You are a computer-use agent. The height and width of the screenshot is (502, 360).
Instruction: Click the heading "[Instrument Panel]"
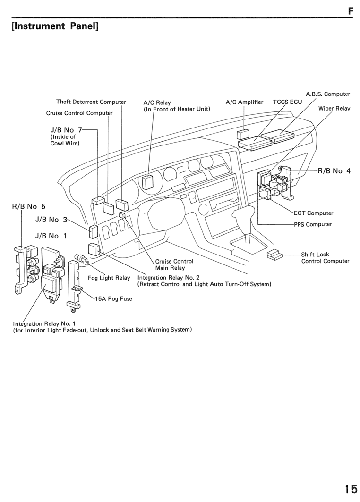[x=55, y=26]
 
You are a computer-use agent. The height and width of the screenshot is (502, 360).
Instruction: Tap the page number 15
[x=351, y=489]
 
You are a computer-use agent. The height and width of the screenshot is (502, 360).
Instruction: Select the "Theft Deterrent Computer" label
[x=91, y=102]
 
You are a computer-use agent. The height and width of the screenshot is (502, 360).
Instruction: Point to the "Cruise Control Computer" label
[x=79, y=113]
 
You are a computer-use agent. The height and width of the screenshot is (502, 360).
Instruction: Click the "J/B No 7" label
[x=66, y=130]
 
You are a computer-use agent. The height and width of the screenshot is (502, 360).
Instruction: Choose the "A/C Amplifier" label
[x=244, y=102]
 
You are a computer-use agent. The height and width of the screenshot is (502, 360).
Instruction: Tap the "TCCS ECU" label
[x=287, y=102]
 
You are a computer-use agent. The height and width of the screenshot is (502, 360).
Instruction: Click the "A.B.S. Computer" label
[x=328, y=94]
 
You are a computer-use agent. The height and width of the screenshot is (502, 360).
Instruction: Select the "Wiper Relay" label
[x=334, y=108]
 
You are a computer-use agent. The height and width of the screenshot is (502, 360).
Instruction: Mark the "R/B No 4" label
[x=334, y=170]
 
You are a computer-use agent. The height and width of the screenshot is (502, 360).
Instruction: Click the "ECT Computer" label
[x=313, y=213]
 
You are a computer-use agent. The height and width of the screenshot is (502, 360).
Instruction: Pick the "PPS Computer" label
[x=313, y=224]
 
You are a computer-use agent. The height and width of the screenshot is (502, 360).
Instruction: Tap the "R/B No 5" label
[x=28, y=206]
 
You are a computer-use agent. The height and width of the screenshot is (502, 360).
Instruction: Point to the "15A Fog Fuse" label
[x=113, y=299]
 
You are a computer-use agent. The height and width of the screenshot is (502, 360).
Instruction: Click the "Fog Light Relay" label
[x=109, y=278]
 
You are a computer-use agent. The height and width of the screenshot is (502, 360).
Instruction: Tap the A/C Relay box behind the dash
[x=148, y=182]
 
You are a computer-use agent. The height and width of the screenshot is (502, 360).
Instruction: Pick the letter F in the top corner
[x=351, y=11]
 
